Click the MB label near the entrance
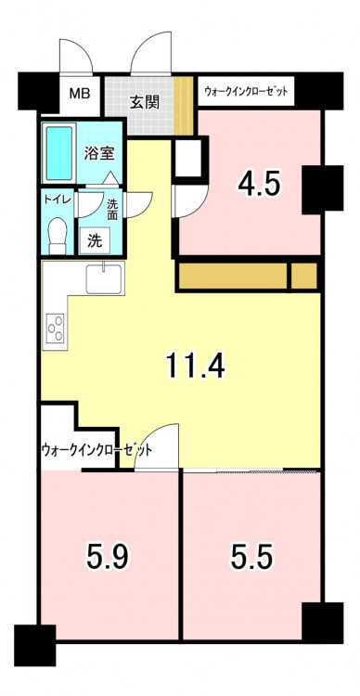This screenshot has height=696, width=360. (x=80, y=94)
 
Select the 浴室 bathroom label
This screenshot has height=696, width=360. (x=100, y=153)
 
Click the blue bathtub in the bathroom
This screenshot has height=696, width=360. (x=59, y=153)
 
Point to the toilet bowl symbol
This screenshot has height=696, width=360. (x=58, y=235)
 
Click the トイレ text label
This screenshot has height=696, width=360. (x=58, y=200)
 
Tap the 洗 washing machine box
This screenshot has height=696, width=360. (x=95, y=240)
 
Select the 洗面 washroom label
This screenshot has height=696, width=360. (x=112, y=209)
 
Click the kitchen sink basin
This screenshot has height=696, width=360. (x=104, y=278)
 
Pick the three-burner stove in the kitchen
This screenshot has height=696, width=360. (x=57, y=329)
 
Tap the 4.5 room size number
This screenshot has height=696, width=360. (x=259, y=185)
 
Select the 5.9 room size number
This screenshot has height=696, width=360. (x=108, y=557)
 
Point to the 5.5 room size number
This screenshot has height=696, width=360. (x=251, y=557)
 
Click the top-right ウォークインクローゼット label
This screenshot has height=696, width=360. (x=247, y=92)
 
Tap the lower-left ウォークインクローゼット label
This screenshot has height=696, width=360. (x=96, y=450)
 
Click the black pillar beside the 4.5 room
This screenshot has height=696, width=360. (x=323, y=188)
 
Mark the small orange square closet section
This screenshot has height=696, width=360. (x=304, y=276)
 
